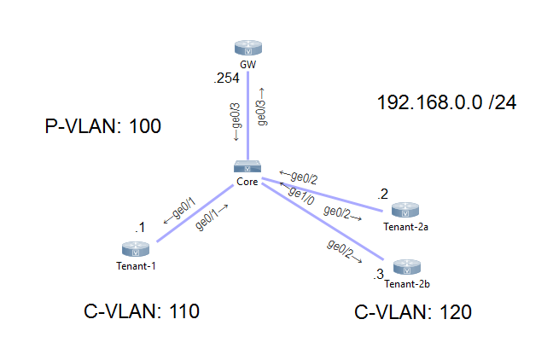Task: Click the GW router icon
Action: (x=247, y=49)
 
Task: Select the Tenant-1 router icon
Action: (x=136, y=249)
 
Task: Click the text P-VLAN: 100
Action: (x=102, y=127)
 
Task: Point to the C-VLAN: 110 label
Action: (x=142, y=311)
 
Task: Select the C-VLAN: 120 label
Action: (x=413, y=312)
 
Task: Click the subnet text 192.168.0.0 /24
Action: (x=446, y=103)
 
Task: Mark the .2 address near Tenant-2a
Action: (x=383, y=193)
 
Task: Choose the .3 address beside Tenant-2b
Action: (x=378, y=275)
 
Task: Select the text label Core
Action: (x=247, y=183)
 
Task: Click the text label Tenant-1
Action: (x=136, y=265)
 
